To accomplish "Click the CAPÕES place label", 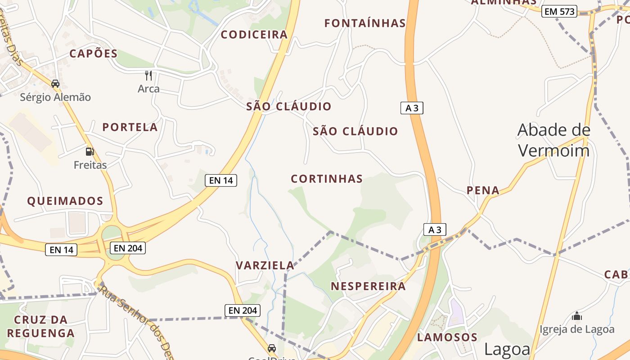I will [93, 54].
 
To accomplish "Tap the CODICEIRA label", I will [254, 35].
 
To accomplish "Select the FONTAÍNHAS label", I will [365, 23].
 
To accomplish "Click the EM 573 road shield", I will [559, 12].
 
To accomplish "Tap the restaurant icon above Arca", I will [148, 75].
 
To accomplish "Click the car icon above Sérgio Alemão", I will [55, 84].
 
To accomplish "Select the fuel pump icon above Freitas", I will [90, 152].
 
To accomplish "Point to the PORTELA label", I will [130, 127].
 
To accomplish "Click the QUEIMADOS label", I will [65, 201].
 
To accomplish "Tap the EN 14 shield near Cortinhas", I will [220, 180].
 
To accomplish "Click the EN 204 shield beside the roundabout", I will [128, 248].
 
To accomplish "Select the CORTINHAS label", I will [327, 179].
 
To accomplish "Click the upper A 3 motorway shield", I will [412, 108].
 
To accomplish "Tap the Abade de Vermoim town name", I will [553, 139].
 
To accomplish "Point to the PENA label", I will [483, 190].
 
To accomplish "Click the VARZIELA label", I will [265, 265].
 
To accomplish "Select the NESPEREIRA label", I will [368, 286].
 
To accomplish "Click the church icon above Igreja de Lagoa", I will [577, 316].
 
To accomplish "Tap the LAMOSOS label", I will [447, 337].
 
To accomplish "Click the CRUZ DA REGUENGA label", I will [40, 326].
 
